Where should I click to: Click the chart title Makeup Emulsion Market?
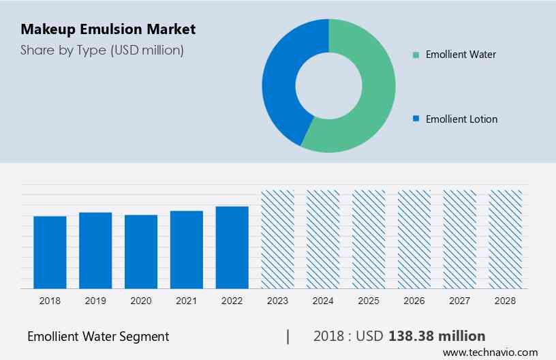coord(108,29)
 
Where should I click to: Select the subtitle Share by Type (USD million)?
coord(102,50)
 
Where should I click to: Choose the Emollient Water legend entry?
coord(461,54)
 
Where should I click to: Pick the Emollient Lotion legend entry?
coord(461,119)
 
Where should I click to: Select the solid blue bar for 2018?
coord(50,252)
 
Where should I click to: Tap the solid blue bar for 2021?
coord(187,249)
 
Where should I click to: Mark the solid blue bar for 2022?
coord(232,247)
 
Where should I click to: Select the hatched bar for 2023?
coord(278,239)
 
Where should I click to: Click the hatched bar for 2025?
coord(369,239)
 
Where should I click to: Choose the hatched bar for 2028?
coord(506,239)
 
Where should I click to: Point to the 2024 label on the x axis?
coord(323,300)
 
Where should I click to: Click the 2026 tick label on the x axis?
coord(414,300)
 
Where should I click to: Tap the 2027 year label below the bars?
coord(460,300)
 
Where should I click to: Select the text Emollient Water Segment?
coord(98,336)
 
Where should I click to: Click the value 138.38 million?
coord(437,335)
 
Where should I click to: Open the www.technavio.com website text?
coord(490,352)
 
